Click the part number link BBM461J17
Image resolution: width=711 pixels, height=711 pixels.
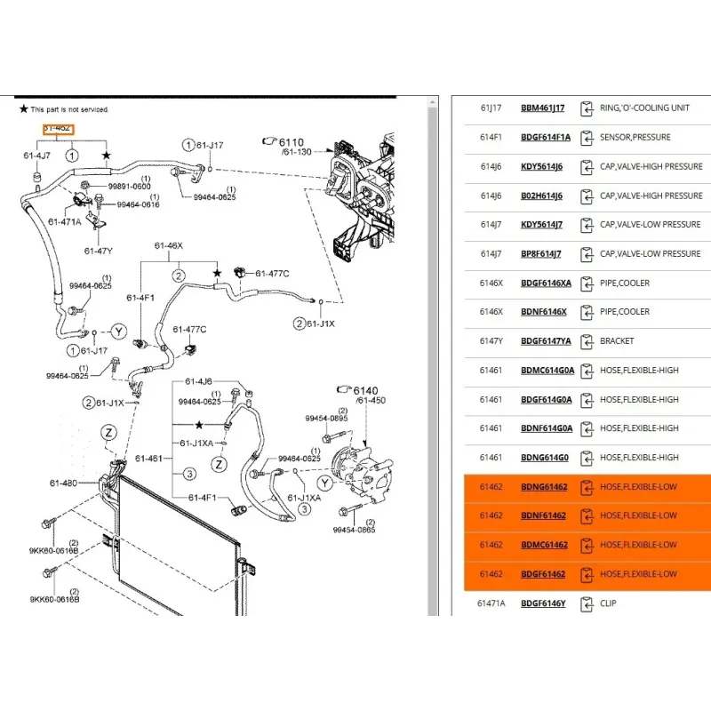tap(542, 108)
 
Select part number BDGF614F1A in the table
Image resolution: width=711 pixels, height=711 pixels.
tap(545, 138)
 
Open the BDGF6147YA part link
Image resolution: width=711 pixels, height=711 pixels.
tap(546, 341)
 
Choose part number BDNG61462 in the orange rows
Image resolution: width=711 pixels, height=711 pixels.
tap(544, 487)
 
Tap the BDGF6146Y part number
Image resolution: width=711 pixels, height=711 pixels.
tap(543, 603)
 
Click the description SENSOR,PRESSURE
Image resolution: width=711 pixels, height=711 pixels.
tap(635, 138)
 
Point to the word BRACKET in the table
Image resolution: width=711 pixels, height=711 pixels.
tap(618, 341)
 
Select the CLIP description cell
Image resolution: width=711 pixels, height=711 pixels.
tap(608, 603)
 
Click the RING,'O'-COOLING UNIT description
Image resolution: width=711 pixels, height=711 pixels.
tap(644, 108)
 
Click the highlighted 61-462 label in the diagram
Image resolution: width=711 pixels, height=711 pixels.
tap(59, 129)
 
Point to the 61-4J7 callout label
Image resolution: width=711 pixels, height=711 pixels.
tap(37, 156)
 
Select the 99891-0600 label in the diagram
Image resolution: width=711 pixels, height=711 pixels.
tap(129, 186)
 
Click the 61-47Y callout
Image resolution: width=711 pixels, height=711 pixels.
tap(99, 251)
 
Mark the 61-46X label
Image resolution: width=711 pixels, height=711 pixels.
tap(168, 245)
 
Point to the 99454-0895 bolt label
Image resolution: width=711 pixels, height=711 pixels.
tap(327, 418)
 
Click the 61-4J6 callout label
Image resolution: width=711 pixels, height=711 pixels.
tap(199, 381)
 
